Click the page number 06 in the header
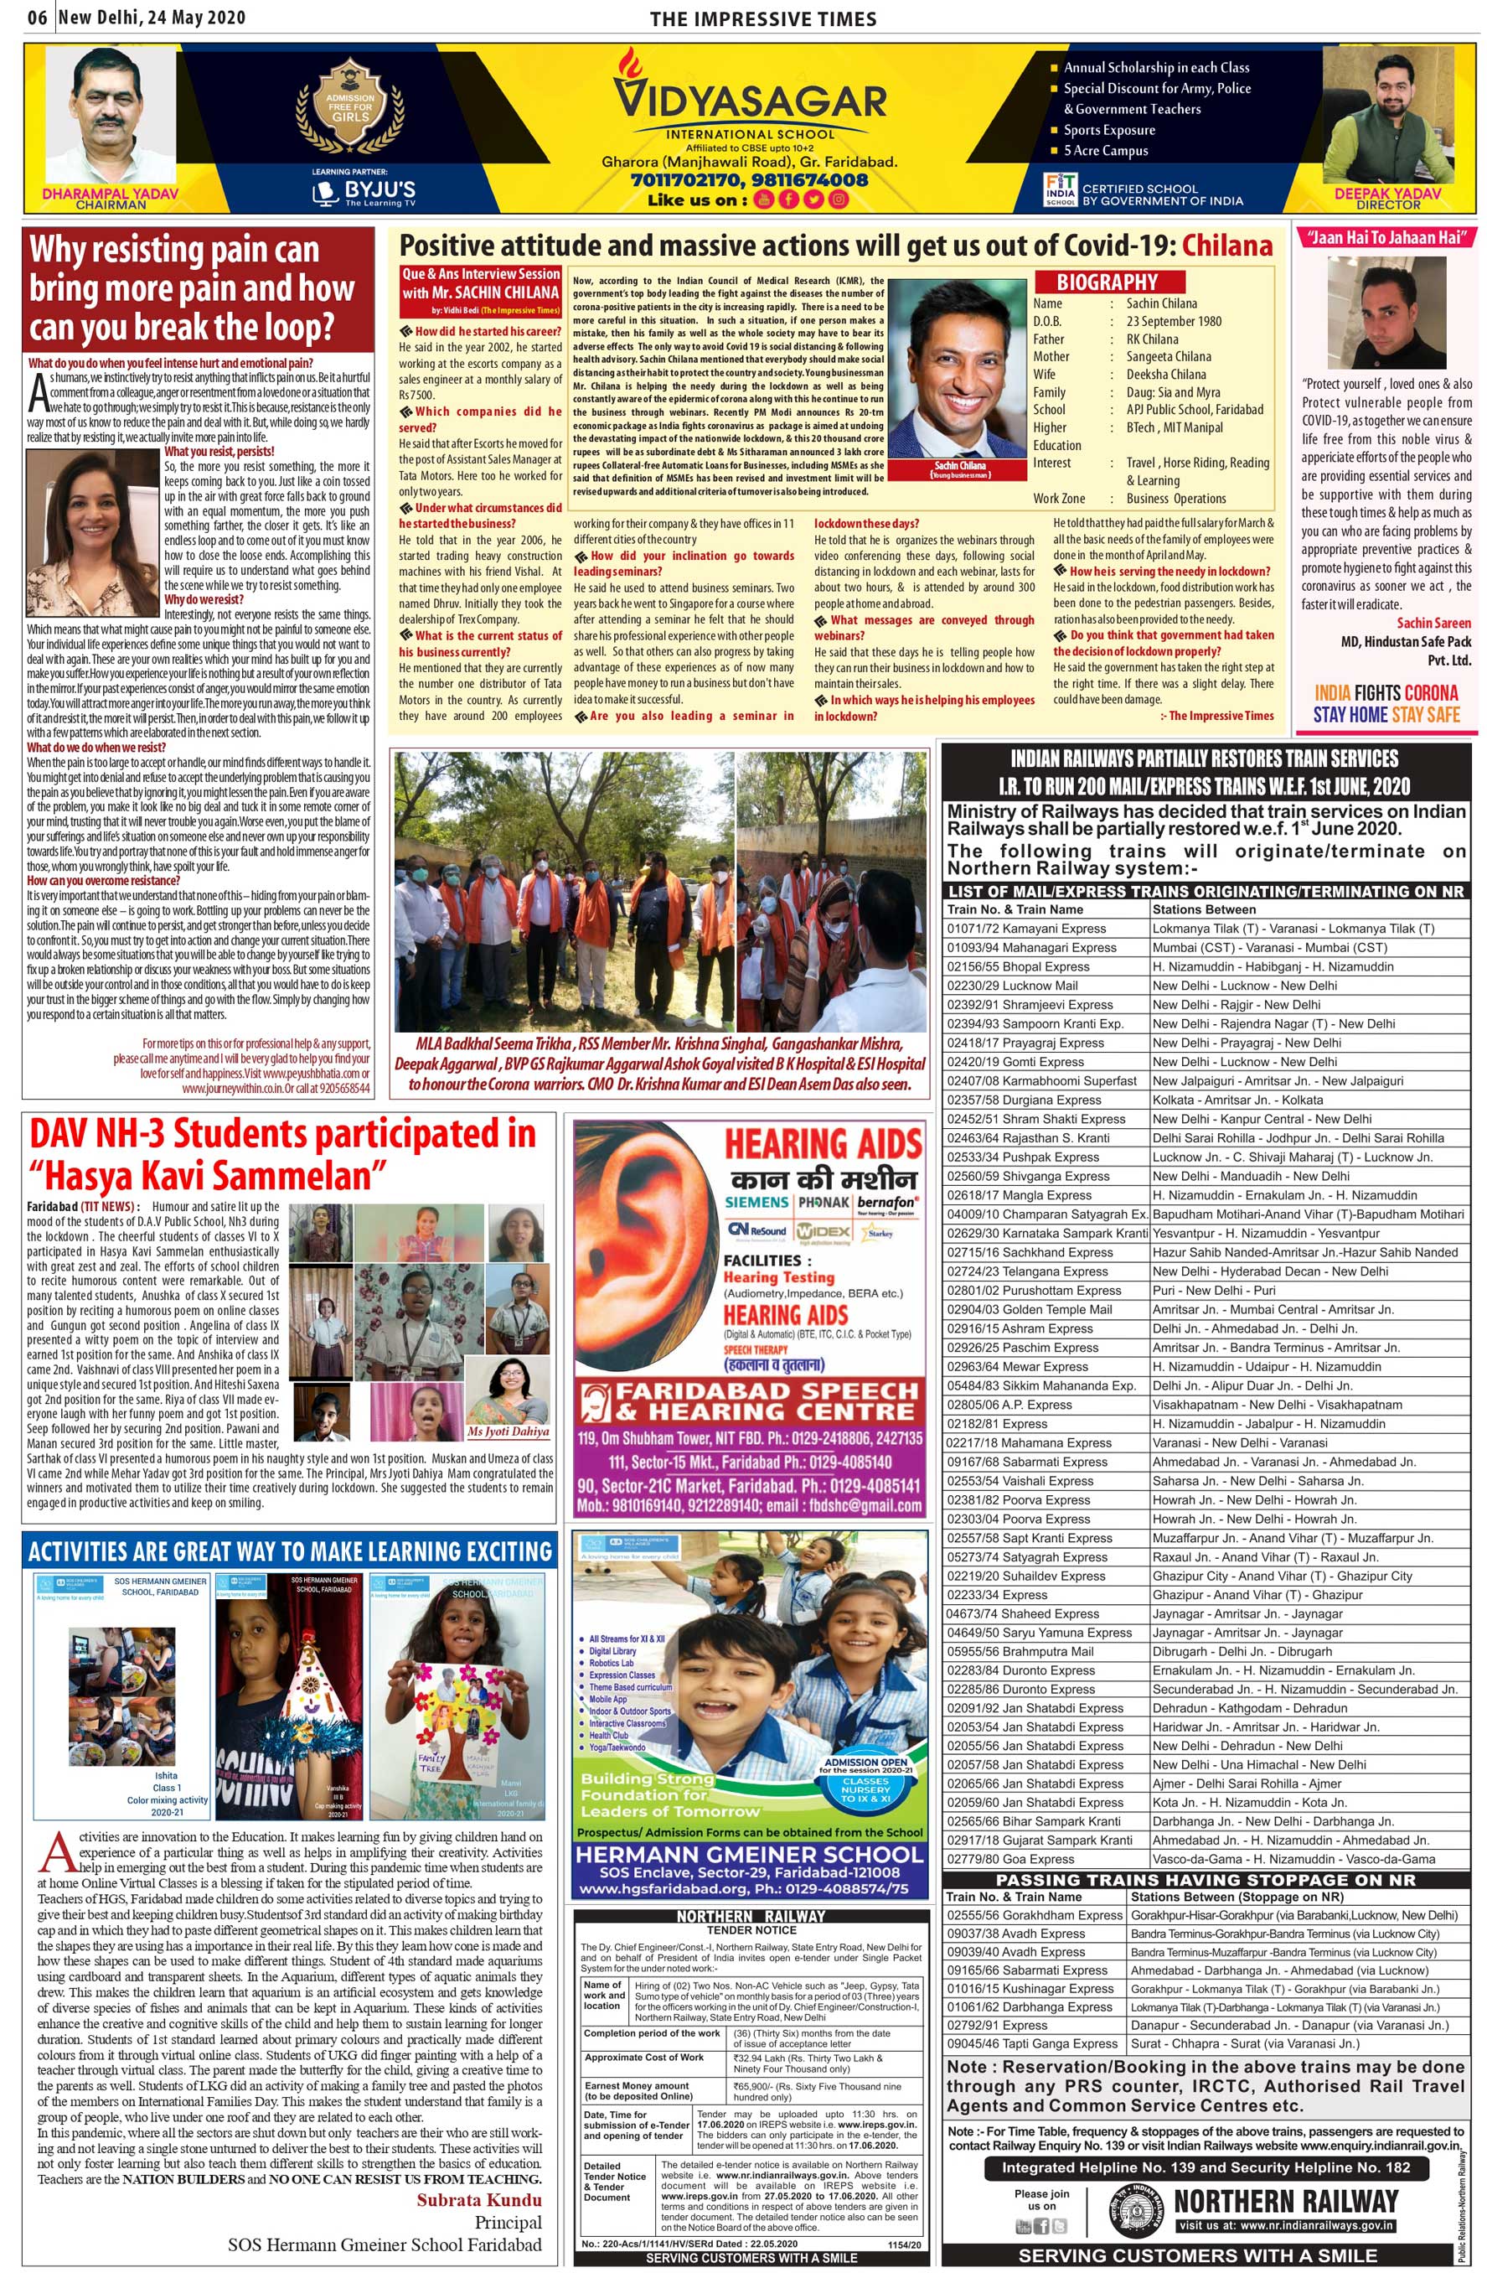[38, 18]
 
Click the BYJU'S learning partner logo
[364, 191]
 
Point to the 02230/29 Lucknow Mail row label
[1012, 986]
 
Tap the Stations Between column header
[1204, 909]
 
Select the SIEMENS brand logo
[756, 1202]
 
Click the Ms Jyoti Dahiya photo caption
[509, 1432]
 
